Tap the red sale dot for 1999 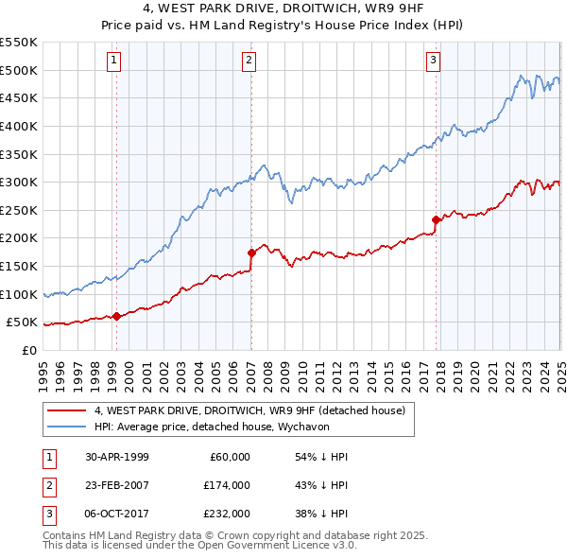coord(117,317)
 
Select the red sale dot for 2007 coord(251,253)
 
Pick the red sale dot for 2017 coord(436,219)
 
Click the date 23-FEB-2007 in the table coord(116,485)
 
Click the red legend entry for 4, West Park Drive coord(249,410)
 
